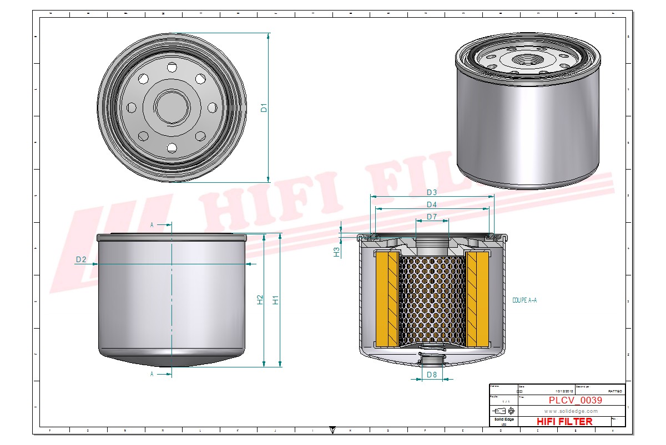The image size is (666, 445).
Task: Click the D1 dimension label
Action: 265,108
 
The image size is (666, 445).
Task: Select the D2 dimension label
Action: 81,259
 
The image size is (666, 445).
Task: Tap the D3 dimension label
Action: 432,192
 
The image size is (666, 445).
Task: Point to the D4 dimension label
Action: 432,204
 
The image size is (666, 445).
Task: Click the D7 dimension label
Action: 432,217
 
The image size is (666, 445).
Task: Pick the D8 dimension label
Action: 432,375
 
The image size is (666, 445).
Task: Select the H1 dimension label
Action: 275,300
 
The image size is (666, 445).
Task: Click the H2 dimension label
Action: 260,300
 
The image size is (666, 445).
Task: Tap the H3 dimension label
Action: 336,252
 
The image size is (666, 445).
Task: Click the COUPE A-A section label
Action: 524,300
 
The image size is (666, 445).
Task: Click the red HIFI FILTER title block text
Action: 564,422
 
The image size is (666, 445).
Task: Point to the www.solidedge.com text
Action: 571,411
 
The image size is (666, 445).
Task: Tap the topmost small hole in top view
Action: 171,68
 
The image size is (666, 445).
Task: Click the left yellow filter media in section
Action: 387,299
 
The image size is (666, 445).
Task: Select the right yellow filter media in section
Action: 477,299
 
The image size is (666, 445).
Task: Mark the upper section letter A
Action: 152,225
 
